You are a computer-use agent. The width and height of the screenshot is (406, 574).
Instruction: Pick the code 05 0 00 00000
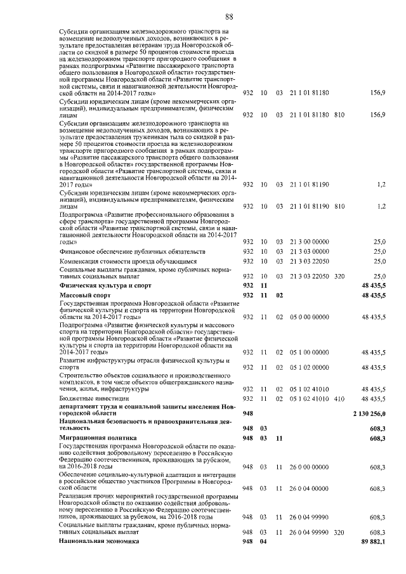(310, 316)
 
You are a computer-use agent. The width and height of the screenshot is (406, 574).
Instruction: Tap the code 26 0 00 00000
(310, 467)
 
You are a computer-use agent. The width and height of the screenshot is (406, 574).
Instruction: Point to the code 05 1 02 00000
(310, 367)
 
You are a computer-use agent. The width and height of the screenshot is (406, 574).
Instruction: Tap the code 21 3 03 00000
(310, 252)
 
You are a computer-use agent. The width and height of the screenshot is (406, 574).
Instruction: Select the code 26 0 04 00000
(310, 488)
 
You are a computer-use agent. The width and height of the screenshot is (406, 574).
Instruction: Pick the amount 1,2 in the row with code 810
(381, 206)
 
